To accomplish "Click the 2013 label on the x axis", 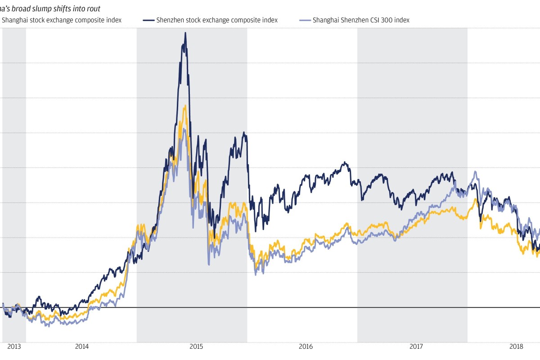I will (14, 346).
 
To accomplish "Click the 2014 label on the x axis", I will (81, 346).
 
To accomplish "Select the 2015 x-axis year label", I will (196, 346).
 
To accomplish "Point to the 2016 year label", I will (306, 346).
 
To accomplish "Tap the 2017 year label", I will (416, 346).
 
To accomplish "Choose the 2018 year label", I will (516, 346).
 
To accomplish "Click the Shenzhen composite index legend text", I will (216, 20).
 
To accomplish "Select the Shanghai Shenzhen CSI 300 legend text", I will (361, 20).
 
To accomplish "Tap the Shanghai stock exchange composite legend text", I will (62, 20).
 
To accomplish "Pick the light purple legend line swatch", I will (305, 20).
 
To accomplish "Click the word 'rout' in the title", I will (93, 9).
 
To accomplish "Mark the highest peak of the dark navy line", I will (185, 33).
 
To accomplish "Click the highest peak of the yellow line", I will (185, 106).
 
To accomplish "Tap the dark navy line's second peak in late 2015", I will (243, 132).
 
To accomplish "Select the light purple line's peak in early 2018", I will (475, 171).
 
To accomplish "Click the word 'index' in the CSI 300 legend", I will (401, 20).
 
